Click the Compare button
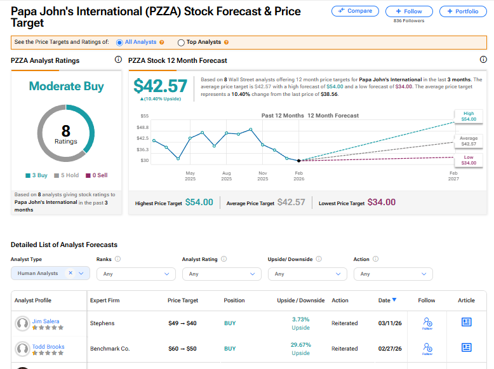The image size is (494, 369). [x=355, y=11]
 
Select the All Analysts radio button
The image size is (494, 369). [x=119, y=43]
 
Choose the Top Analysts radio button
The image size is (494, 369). [x=181, y=43]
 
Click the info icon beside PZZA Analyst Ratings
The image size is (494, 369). [x=118, y=60]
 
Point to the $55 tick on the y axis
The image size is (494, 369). [x=144, y=116]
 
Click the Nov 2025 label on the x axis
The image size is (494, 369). [x=262, y=175]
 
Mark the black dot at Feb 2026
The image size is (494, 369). [x=298, y=160]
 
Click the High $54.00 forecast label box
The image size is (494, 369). [x=468, y=116]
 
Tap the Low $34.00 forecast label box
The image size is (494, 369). [x=468, y=159]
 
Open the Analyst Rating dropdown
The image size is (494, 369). [x=221, y=274]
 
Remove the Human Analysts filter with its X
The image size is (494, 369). [x=70, y=273]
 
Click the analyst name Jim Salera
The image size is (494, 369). [x=46, y=321]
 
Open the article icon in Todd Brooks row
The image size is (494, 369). [x=466, y=347]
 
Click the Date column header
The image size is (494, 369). [x=387, y=300]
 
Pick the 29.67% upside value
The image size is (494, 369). [x=300, y=344]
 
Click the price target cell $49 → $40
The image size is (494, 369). [x=183, y=323]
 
